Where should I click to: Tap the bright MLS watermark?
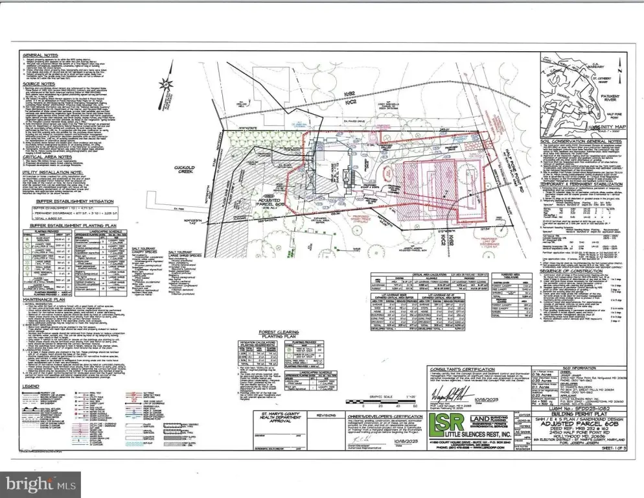click(x=32, y=483)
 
